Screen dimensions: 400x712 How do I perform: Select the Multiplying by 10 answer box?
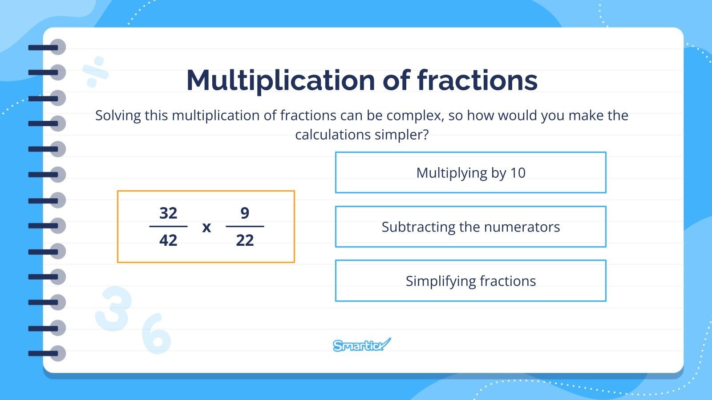[x=470, y=172]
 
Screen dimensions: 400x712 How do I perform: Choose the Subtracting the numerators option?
[x=470, y=227]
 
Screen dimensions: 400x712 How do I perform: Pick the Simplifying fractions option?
[x=470, y=281]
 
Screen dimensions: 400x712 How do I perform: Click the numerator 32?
[x=168, y=213]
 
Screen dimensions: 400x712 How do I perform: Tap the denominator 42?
[x=168, y=240]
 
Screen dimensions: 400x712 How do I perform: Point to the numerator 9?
[x=245, y=213]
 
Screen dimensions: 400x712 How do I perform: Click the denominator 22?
[x=245, y=240]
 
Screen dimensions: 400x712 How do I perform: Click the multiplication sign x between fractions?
[x=206, y=228]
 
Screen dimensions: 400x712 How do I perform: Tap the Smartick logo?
[x=361, y=345]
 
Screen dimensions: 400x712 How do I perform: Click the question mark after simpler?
[x=426, y=135]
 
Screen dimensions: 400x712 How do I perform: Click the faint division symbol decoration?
[x=96, y=72]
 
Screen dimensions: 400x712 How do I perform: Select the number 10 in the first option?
[x=518, y=172]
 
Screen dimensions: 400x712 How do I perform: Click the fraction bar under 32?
[x=168, y=227]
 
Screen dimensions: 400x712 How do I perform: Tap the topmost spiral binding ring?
[x=49, y=47]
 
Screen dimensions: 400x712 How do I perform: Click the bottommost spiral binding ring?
[x=49, y=354]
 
